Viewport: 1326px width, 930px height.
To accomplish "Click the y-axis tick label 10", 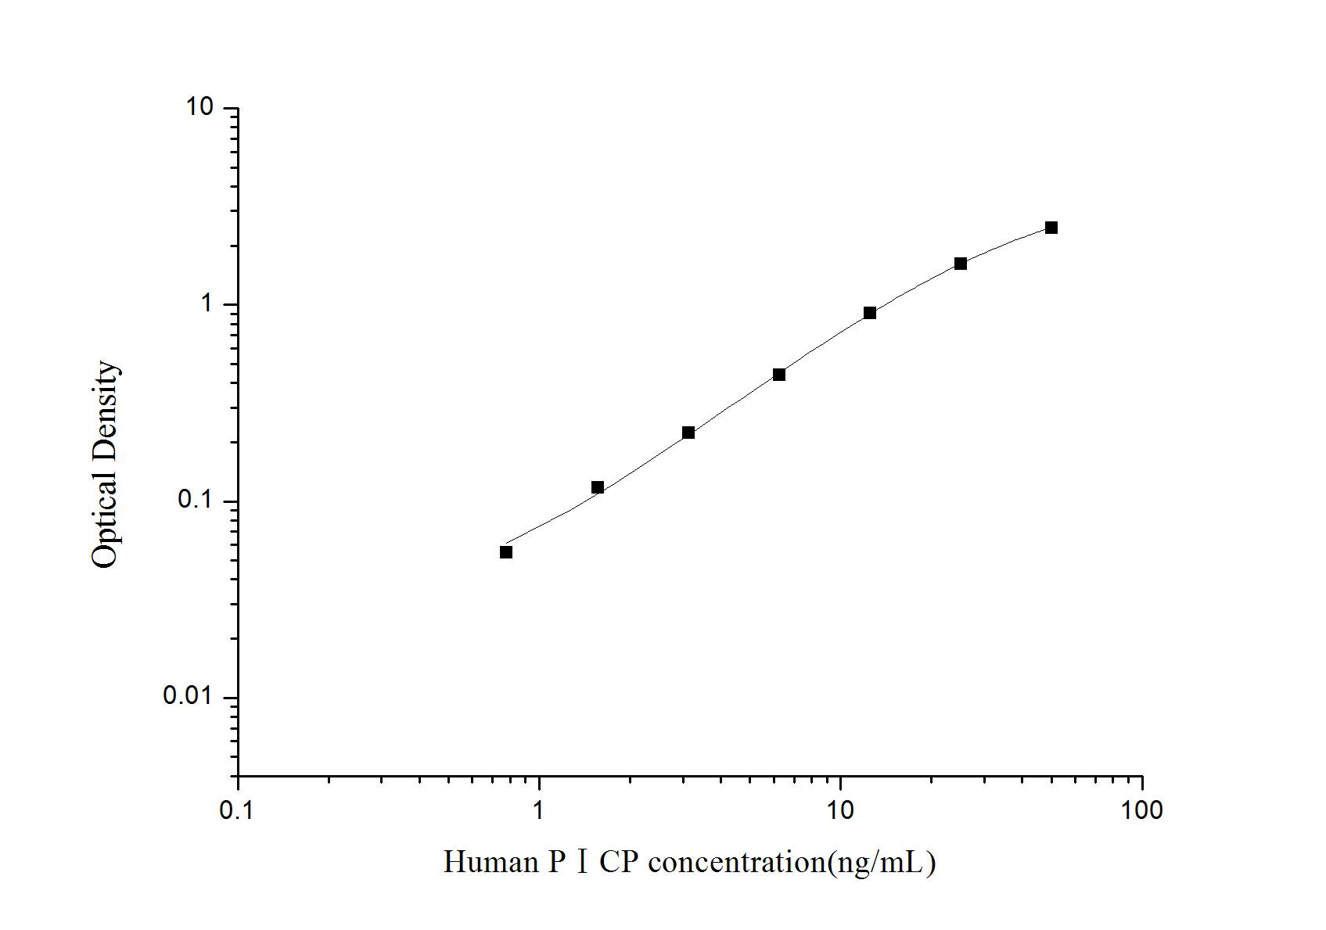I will click(199, 107).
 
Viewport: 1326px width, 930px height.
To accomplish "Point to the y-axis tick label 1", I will click(207, 303).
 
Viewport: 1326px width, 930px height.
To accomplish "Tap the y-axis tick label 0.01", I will click(189, 696).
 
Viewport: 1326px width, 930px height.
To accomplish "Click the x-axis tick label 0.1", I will click(237, 810).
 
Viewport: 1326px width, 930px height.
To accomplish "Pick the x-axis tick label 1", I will click(539, 810).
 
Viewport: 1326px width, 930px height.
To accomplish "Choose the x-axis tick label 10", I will click(840, 810).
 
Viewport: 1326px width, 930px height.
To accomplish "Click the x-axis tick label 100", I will click(1141, 810).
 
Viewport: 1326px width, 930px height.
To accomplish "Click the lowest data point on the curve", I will click(506, 552).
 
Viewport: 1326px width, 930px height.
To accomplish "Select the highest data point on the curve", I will click(1051, 228).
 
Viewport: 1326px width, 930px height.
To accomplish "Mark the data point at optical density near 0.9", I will click(870, 313).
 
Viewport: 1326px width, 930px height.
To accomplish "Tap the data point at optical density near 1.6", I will click(961, 264).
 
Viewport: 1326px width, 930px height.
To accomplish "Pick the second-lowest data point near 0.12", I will click(598, 487).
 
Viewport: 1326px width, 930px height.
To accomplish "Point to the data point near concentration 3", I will click(688, 433).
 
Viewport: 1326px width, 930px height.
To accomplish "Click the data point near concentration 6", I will click(779, 375).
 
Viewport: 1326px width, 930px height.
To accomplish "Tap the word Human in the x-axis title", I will click(491, 863).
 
